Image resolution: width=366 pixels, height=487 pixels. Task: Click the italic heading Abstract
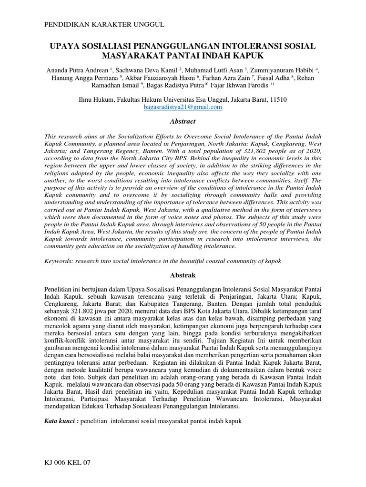[183, 121]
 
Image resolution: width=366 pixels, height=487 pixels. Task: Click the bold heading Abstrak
[183, 275]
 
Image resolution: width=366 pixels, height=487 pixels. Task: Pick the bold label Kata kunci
[61, 421]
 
